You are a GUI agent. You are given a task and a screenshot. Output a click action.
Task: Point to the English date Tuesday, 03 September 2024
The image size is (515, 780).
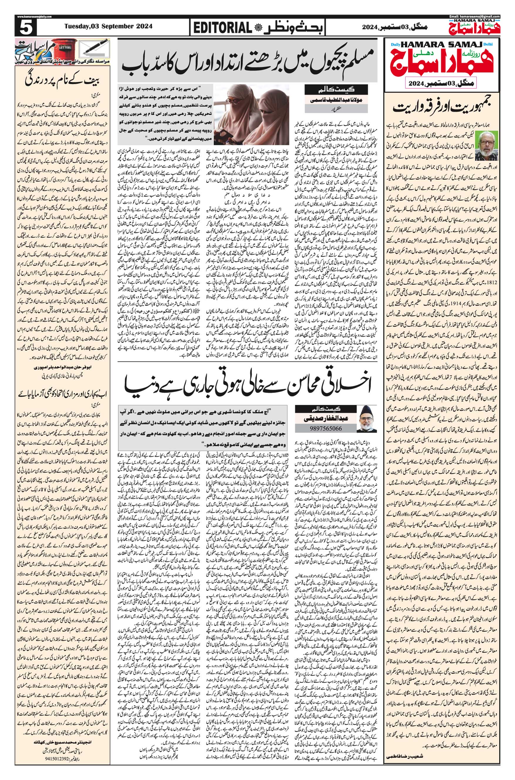[x=108, y=26]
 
